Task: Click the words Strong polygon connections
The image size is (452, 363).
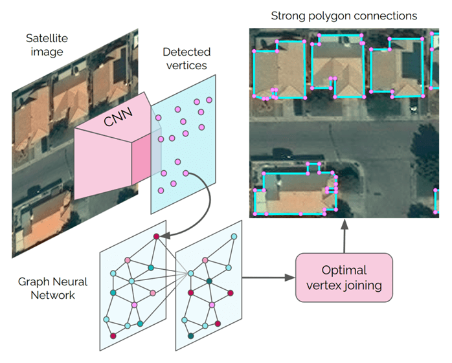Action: coord(343,14)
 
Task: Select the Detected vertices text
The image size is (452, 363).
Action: coord(186,58)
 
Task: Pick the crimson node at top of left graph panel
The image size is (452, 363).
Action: coord(156,237)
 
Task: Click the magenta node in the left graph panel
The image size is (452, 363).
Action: coord(134,304)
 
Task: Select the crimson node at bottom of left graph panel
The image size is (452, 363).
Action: coord(113,336)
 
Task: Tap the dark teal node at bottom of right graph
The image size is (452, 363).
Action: coord(190,336)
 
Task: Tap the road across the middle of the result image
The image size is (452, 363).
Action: coord(343,136)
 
